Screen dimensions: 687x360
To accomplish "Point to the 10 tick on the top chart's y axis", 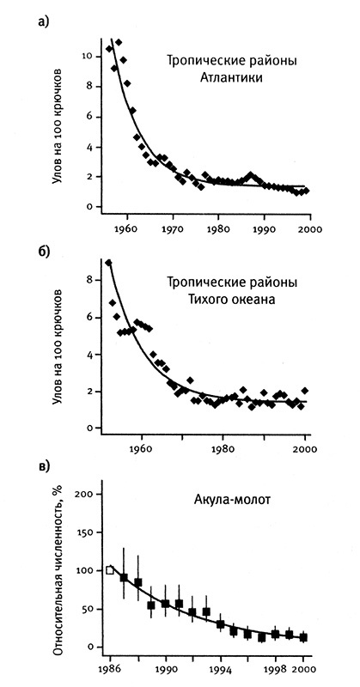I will click(86, 56).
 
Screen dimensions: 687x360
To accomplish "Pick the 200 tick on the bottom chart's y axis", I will click(82, 495).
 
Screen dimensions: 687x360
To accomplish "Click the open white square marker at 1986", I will click(110, 569).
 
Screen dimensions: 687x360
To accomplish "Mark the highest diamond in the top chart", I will click(119, 42).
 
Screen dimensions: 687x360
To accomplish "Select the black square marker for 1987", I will click(124, 578).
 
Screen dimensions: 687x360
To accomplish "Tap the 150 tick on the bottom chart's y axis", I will click(82, 532).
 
